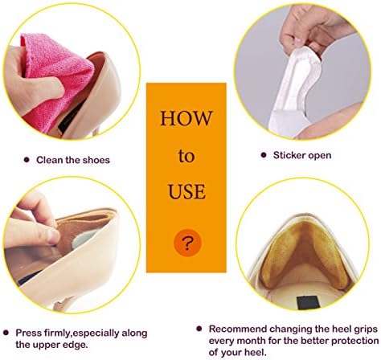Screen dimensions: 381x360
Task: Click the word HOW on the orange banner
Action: point(186,118)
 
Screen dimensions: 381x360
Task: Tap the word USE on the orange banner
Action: point(186,191)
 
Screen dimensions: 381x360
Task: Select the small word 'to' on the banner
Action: point(186,156)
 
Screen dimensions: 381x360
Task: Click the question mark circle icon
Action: point(187,243)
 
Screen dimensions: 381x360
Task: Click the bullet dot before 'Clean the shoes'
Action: point(27,160)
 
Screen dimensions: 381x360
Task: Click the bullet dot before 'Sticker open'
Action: point(264,155)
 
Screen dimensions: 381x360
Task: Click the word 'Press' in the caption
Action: point(28,333)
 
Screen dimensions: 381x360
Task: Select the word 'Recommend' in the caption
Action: point(238,329)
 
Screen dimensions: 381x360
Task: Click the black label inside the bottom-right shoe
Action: point(307,302)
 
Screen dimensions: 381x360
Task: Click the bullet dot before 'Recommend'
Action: point(199,329)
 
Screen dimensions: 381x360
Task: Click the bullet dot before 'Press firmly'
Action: point(6,333)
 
